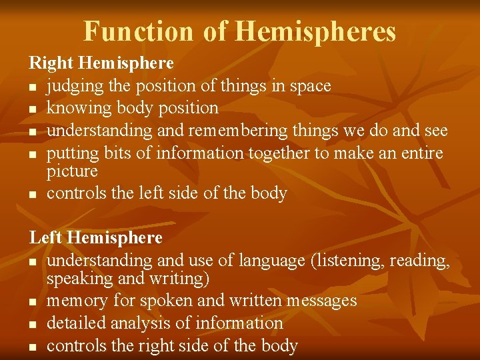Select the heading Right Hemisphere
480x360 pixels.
coord(101,63)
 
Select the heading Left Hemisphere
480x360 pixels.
coord(95,237)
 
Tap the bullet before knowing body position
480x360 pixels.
coord(33,109)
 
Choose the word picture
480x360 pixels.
coord(72,171)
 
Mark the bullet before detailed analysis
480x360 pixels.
coord(33,324)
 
